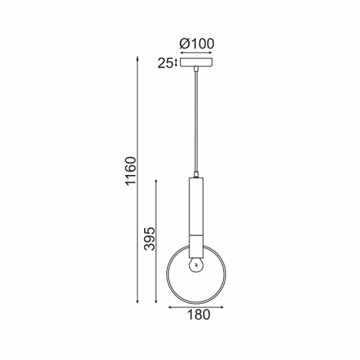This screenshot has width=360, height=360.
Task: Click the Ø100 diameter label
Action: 197,44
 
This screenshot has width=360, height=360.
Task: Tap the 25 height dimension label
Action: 165,63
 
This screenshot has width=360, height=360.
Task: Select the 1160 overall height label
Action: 131,171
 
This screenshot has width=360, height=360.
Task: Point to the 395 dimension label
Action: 150,238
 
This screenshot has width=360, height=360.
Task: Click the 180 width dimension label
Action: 199,315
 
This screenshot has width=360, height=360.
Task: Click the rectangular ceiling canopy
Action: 197,63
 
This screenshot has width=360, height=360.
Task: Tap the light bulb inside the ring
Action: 197,264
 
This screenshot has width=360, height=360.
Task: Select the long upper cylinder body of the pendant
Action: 197,207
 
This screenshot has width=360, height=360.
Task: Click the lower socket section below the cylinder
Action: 197,246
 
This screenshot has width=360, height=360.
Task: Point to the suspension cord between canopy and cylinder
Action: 197,122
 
